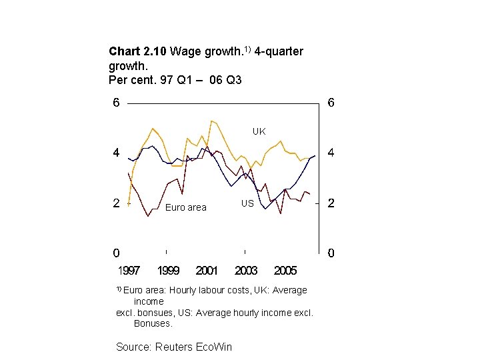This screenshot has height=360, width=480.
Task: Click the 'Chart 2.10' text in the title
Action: click(138, 51)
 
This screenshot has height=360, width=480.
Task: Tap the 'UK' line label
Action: click(259, 131)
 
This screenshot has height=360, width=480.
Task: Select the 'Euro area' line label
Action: click(186, 208)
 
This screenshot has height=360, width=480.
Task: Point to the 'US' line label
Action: click(247, 203)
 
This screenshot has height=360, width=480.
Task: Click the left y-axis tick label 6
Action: click(116, 103)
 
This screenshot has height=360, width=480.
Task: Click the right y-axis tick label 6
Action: click(331, 103)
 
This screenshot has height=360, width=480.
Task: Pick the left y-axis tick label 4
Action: click(116, 153)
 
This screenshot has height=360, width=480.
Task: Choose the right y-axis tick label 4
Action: click(331, 153)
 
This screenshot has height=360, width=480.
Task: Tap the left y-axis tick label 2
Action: click(116, 203)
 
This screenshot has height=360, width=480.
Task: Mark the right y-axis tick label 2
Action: click(331, 203)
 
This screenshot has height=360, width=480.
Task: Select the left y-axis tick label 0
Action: click(116, 253)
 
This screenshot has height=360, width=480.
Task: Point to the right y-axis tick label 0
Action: click(331, 253)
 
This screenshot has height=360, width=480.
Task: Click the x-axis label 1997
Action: click(129, 271)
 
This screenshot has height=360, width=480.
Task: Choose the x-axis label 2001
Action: click(207, 271)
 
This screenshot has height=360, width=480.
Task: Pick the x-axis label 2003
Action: click(246, 271)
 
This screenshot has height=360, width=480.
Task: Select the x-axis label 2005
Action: click(285, 271)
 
